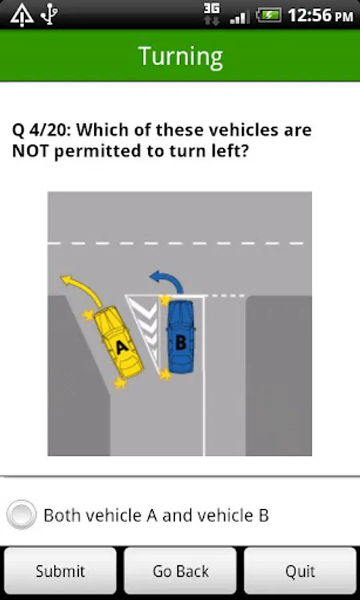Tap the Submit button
click(60, 571)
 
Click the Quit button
click(300, 571)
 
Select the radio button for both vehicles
click(21, 515)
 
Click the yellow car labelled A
click(119, 342)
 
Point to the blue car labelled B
click(181, 337)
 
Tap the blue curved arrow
click(168, 281)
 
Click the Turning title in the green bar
click(180, 57)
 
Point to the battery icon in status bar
click(269, 16)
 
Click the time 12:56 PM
click(320, 16)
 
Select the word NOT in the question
click(30, 151)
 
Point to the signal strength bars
click(240, 17)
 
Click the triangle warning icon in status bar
click(22, 16)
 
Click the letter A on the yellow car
click(121, 347)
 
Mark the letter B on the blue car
click(181, 342)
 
